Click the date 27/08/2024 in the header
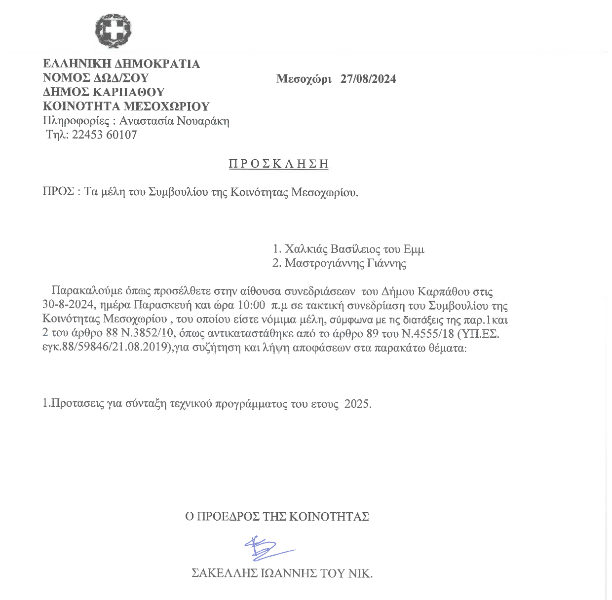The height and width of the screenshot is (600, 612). click(x=368, y=79)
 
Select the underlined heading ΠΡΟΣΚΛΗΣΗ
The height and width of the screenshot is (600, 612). click(x=278, y=164)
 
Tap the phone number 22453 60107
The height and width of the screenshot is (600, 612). click(x=104, y=135)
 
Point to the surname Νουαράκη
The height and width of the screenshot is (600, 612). click(x=203, y=121)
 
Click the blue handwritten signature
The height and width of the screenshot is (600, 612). click(x=267, y=548)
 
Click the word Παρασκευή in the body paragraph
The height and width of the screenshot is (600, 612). click(x=167, y=306)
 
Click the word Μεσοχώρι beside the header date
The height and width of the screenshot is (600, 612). click(x=304, y=79)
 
